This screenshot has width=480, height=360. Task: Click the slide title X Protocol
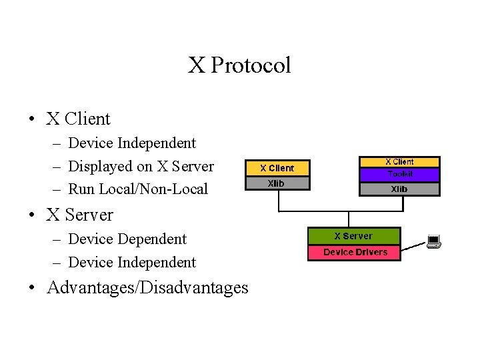click(x=239, y=65)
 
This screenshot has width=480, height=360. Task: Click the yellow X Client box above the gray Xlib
click(x=277, y=168)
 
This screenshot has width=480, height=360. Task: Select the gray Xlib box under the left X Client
click(x=277, y=183)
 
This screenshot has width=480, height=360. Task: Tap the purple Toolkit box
click(x=400, y=174)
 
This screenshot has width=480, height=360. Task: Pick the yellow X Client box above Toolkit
click(x=400, y=162)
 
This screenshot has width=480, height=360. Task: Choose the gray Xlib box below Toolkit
click(x=400, y=189)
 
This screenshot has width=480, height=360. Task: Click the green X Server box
click(x=353, y=236)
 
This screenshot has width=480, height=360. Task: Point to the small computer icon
click(x=433, y=241)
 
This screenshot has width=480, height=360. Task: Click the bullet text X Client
click(x=78, y=119)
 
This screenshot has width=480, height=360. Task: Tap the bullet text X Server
click(x=79, y=215)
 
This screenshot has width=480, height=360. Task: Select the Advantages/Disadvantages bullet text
click(x=147, y=287)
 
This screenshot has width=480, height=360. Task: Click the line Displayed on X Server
click(x=141, y=166)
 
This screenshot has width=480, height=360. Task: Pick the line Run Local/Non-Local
click(x=138, y=189)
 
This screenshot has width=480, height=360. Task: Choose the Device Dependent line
click(x=127, y=239)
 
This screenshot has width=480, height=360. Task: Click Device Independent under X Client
click(x=132, y=143)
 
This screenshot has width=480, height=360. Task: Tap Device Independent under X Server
click(x=132, y=262)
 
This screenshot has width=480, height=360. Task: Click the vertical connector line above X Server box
click(x=349, y=219)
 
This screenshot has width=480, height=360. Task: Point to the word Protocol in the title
click(x=251, y=65)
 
